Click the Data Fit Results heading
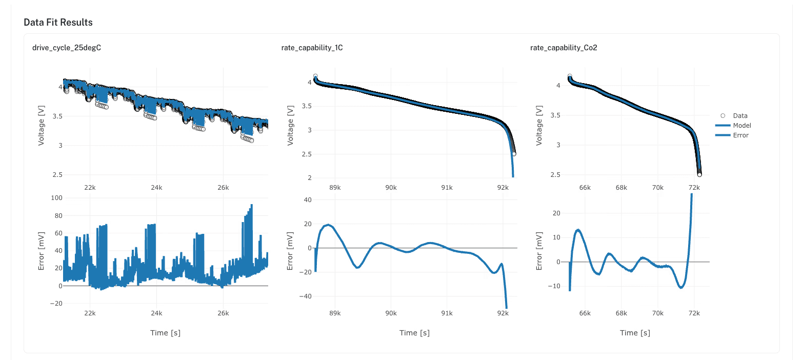pos(58,23)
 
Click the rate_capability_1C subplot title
pos(312,48)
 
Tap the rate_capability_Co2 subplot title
pos(564,48)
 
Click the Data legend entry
pos(740,116)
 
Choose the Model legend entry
pos(742,126)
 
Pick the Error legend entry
pos(740,135)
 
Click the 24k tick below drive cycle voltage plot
pos(156,188)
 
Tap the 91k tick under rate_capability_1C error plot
pos(447,313)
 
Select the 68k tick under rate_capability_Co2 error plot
pos(621,313)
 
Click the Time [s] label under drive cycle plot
pos(165,333)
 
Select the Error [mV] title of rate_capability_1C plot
pos(290,251)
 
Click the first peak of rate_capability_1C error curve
pos(329,225)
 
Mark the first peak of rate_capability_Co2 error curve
pos(578,230)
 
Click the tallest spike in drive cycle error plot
pos(251,205)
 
